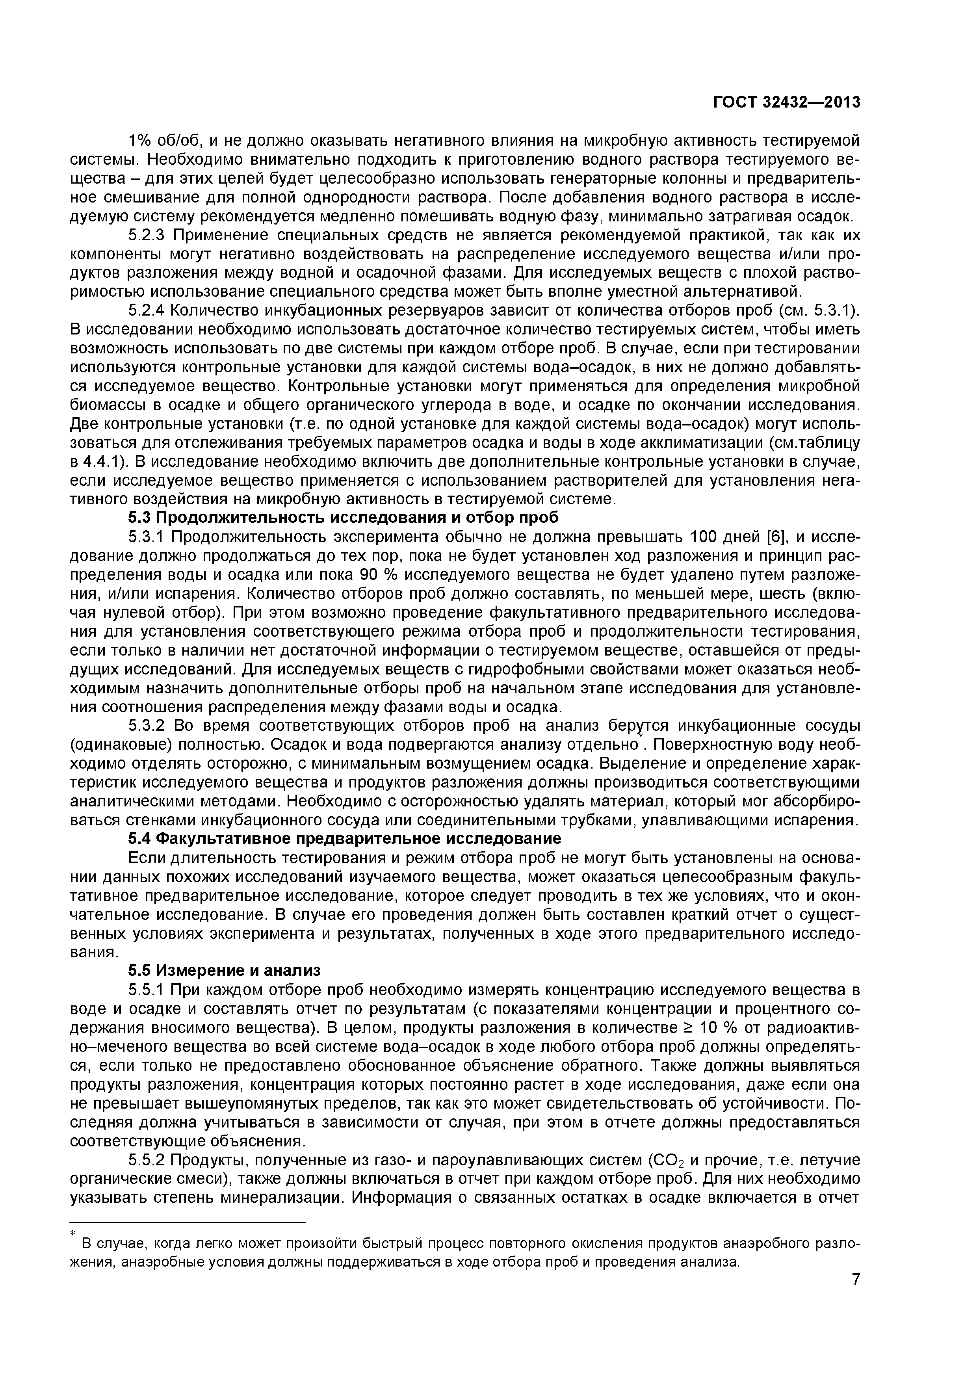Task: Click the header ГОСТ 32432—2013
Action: (x=787, y=103)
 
